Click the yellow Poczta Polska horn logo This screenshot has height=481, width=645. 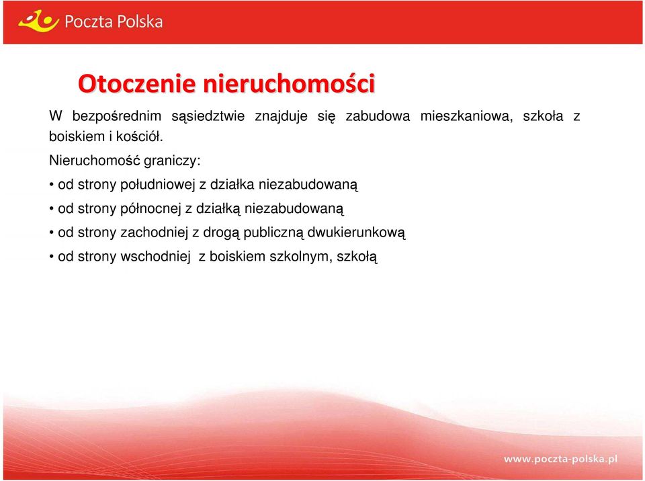(39, 21)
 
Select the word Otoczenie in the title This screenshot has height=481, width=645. (136, 83)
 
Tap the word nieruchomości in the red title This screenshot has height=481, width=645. (289, 83)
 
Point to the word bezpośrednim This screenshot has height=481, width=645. (117, 116)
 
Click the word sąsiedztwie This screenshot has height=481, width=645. (208, 116)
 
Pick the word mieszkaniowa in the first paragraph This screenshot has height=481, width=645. (467, 116)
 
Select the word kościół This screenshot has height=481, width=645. (140, 136)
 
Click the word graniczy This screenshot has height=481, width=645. (172, 161)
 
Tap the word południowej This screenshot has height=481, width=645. (157, 185)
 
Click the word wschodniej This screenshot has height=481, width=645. (155, 257)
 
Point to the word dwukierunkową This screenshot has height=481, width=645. (356, 233)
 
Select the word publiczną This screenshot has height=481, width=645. (273, 233)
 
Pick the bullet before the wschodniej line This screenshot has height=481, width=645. (52, 257)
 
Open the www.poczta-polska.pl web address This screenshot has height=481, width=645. (560, 460)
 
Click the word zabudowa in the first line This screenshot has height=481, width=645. (378, 116)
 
